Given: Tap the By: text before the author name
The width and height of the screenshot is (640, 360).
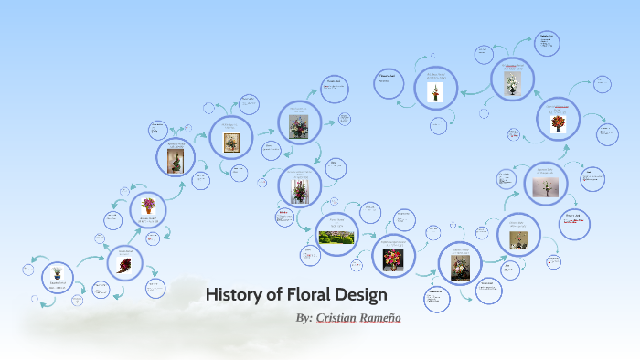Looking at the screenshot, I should (304, 318).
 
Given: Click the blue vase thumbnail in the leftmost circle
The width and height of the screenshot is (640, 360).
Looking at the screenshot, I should (58, 273).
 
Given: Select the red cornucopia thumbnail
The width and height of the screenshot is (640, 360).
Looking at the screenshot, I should (123, 266).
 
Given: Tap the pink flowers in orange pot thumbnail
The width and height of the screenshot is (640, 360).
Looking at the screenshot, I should (148, 206).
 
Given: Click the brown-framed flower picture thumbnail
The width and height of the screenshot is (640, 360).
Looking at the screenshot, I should (230, 142).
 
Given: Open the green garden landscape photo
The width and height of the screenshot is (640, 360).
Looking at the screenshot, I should (336, 238).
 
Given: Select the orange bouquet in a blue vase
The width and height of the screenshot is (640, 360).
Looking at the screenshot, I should (557, 122).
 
